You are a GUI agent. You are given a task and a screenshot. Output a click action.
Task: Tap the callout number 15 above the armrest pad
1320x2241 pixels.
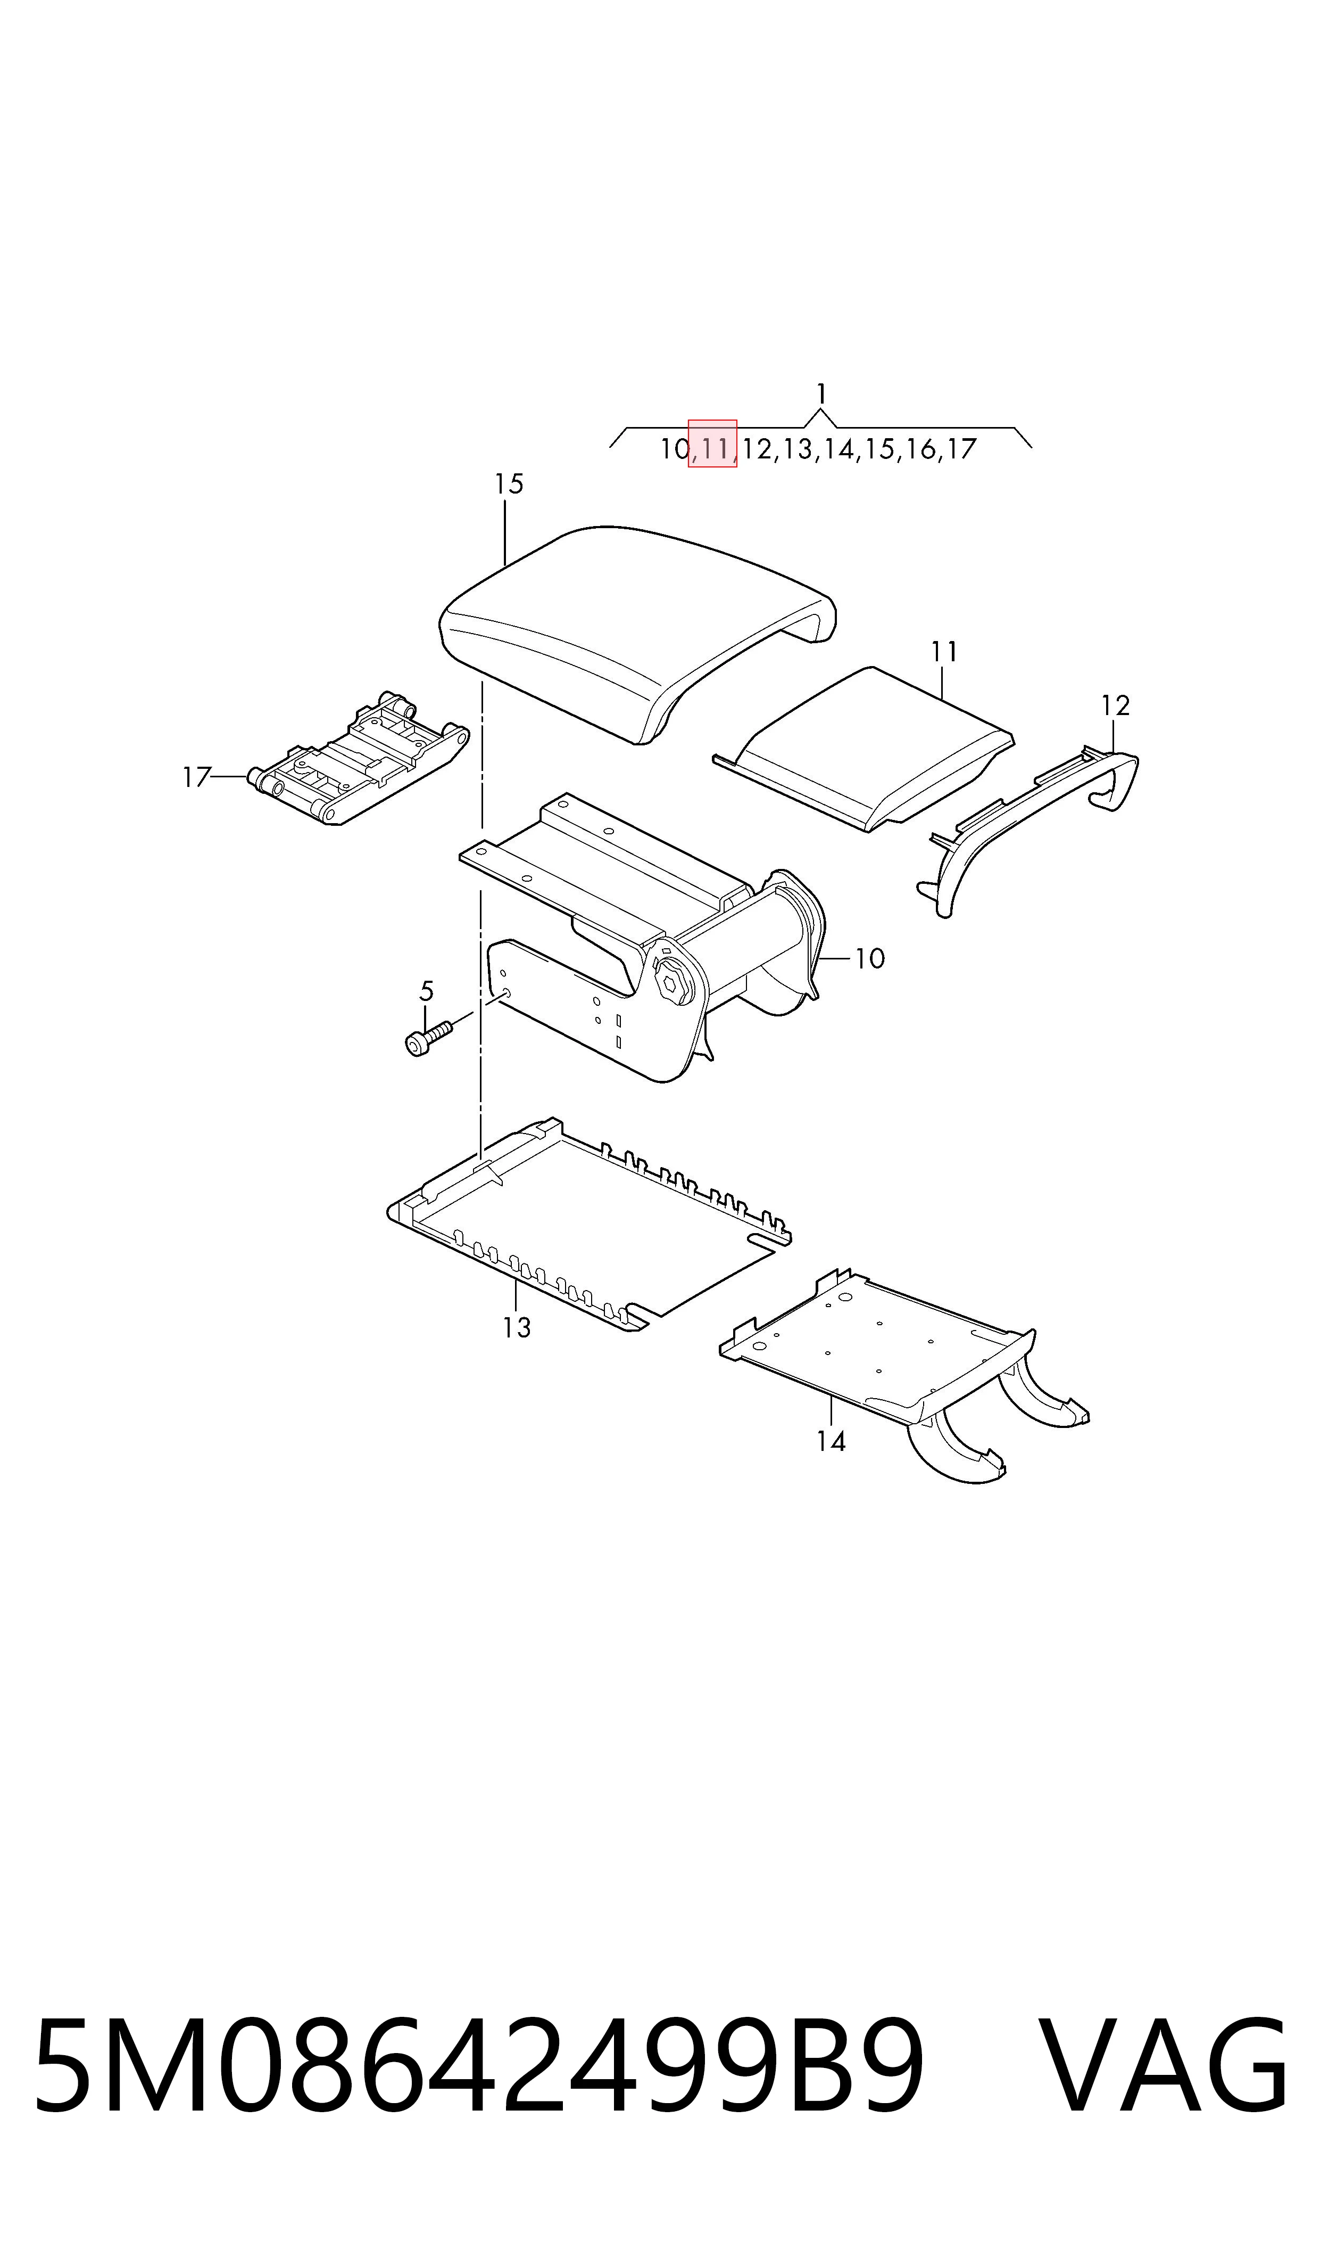click(509, 484)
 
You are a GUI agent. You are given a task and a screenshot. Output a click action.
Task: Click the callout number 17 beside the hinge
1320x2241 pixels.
click(196, 778)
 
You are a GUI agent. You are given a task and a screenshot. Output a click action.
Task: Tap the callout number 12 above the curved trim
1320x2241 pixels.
click(1115, 706)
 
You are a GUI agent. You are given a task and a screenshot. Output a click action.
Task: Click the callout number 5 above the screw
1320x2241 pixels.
click(426, 990)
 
